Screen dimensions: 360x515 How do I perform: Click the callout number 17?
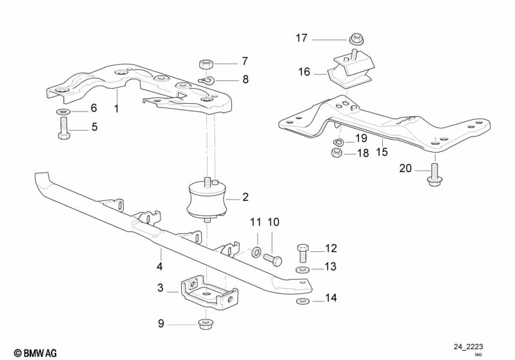[x=302, y=38]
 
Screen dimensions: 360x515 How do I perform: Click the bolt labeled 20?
[x=434, y=174]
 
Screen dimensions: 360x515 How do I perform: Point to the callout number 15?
[x=382, y=153]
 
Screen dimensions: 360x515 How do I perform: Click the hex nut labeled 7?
[x=207, y=64]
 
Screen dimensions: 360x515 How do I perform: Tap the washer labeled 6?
[x=64, y=113]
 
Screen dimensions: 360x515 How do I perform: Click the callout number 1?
[x=117, y=109]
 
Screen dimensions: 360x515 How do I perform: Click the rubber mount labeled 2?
[x=206, y=200]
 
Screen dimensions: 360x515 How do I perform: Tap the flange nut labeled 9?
[x=207, y=323]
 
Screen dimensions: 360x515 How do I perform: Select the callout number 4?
[x=159, y=266]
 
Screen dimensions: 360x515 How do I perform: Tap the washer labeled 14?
[x=302, y=300]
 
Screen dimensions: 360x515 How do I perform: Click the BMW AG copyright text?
[x=31, y=353]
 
